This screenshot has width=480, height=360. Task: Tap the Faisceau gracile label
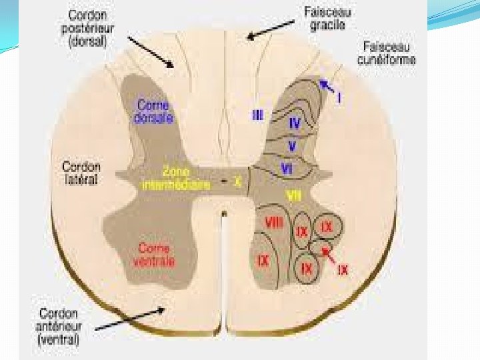tap(328, 18)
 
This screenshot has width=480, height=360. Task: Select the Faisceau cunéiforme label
tap(389, 53)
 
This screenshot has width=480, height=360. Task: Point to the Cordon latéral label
tap(81, 173)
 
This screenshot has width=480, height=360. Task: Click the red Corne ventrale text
tap(154, 254)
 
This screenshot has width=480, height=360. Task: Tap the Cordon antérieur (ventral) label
tap(59, 326)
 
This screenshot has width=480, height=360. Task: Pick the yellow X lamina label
tap(237, 180)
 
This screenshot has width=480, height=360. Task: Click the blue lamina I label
tap(339, 98)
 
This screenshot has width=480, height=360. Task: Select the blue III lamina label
tap(257, 115)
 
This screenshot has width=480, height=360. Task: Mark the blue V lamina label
tap(292, 145)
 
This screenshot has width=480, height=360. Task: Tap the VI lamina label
tap(287, 169)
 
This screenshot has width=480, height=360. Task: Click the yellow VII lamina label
tap(293, 195)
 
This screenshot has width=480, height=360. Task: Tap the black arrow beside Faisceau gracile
tap(270, 28)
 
